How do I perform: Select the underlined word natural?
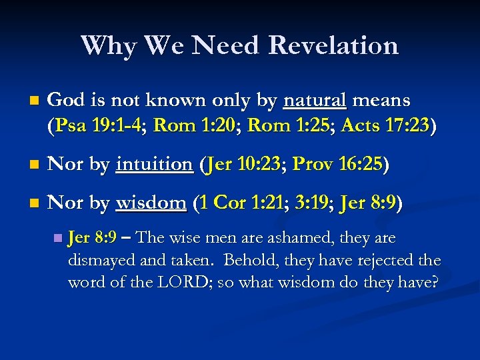(x=315, y=101)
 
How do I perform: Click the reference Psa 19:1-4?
(x=99, y=126)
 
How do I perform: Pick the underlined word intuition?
(x=154, y=164)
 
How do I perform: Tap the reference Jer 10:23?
(x=246, y=164)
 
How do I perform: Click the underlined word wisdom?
(x=151, y=203)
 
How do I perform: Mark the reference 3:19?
(x=311, y=203)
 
